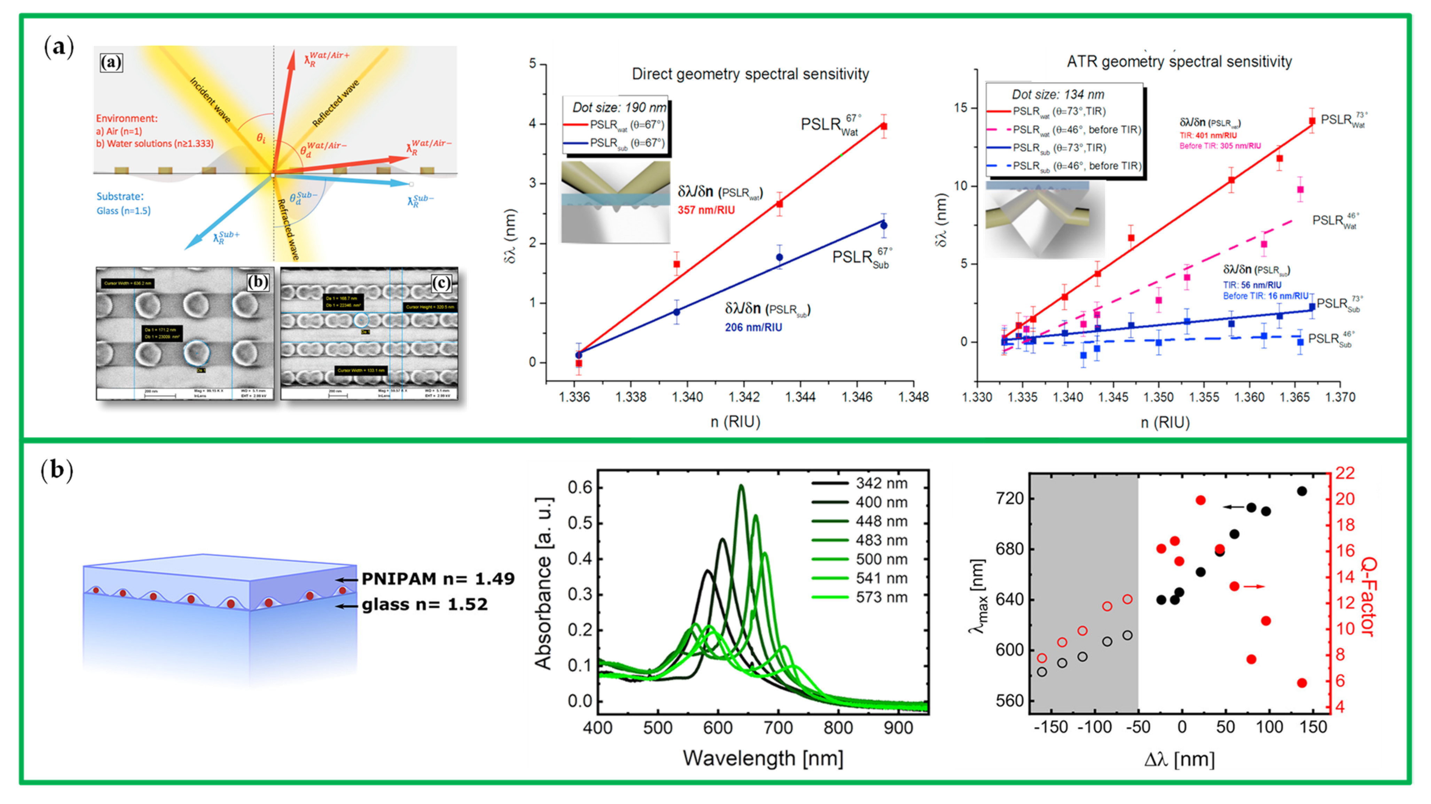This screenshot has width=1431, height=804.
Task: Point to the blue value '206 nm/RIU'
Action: [x=753, y=327]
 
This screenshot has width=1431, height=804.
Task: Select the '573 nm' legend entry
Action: [x=882, y=598]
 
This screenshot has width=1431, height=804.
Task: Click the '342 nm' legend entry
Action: [x=882, y=483]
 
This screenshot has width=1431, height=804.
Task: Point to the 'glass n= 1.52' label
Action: [x=424, y=604]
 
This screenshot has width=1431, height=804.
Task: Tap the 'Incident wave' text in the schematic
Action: [x=211, y=100]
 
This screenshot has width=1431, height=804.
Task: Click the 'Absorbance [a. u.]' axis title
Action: [x=543, y=583]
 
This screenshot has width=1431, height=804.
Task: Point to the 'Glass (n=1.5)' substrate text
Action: [x=123, y=211]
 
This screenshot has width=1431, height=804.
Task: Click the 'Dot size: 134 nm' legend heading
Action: [x=1058, y=94]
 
